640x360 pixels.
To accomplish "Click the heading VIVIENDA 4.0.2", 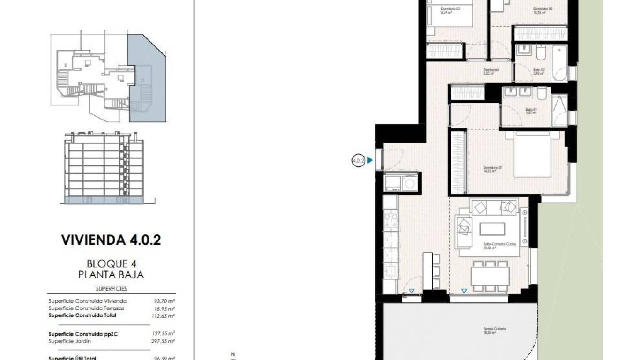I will point(111,240).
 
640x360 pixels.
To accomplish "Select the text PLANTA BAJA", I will point(111,275).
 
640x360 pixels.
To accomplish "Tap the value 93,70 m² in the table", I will point(164,301).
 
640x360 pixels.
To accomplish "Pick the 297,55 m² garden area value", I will point(164,341).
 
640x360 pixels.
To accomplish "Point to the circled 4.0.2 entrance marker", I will point(358,161).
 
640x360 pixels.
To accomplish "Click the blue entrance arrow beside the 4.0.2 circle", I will point(370,160).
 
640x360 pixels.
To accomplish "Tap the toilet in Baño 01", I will point(542,96).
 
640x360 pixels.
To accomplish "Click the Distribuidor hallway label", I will point(491,72).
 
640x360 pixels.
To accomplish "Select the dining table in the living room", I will point(490,276).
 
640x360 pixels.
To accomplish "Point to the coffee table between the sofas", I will point(492,229).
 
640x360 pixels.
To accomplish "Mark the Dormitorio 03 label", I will point(450,10).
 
